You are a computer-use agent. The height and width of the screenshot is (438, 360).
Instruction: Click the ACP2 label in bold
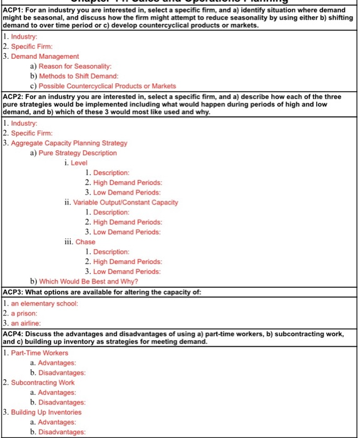[14, 95]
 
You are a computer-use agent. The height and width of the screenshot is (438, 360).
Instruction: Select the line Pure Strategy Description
[78, 153]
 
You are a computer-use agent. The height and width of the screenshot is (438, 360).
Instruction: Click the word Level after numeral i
[80, 163]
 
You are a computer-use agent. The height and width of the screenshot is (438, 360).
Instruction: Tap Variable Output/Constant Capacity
[125, 202]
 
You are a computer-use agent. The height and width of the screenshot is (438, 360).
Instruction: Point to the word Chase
[86, 242]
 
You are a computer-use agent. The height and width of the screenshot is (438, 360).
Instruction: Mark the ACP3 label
[14, 292]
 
